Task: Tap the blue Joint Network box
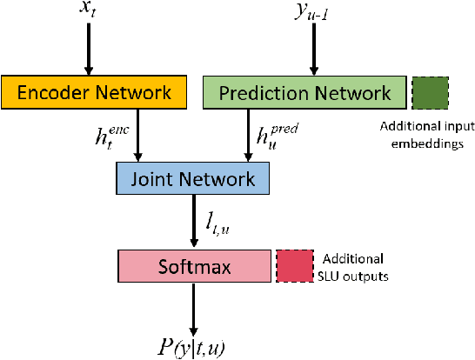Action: [192, 179]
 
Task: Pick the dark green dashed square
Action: [430, 91]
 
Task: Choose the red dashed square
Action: [294, 266]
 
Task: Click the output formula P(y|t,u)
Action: [192, 346]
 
